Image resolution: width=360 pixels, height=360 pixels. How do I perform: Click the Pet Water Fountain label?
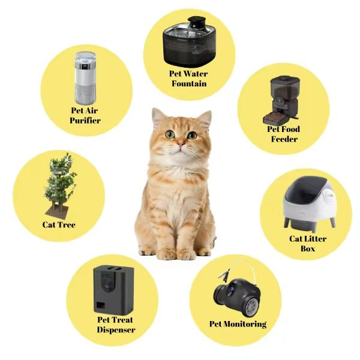(x=188, y=79)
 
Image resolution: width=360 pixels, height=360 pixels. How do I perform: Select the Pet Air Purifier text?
(x=85, y=115)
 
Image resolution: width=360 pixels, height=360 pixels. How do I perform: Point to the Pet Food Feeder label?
(x=283, y=134)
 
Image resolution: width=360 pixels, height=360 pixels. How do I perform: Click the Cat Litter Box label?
(x=307, y=243)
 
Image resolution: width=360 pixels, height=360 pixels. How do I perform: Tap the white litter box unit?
(x=306, y=204)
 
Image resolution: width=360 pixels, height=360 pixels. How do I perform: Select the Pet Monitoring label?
(x=238, y=324)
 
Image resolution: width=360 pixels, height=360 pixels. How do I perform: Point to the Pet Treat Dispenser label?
(x=116, y=325)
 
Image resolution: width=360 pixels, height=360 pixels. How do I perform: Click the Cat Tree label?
(x=59, y=225)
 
